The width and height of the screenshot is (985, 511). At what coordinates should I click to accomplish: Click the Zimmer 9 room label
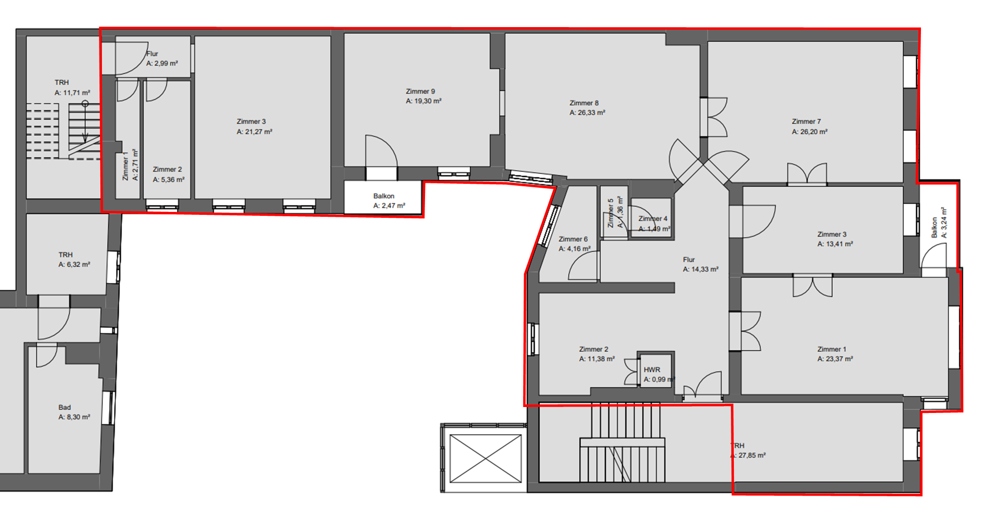point(420,91)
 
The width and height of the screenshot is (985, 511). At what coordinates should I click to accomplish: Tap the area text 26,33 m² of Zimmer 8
point(587,113)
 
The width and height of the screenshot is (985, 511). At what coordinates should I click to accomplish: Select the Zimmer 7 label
point(806,121)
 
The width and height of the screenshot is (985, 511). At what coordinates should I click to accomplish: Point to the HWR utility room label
point(652,370)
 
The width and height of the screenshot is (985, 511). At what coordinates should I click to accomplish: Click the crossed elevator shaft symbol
point(486,458)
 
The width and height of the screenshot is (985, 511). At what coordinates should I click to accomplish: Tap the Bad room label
point(65,408)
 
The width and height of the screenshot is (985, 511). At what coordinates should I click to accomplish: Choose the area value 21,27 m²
point(254,132)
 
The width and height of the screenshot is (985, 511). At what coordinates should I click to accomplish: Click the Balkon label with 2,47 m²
point(384,196)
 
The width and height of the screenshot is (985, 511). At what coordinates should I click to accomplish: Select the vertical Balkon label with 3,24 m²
point(934,227)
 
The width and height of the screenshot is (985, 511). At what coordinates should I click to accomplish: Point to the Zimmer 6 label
point(573,239)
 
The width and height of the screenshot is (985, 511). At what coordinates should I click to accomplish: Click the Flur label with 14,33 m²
point(689,260)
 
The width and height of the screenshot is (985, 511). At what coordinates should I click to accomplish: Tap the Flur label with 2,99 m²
point(153,54)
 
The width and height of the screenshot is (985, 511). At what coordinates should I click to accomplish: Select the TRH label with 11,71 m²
point(62,82)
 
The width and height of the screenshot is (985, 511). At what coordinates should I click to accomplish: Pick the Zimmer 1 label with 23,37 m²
point(831,349)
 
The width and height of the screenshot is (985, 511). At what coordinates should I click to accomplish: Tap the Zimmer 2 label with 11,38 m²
point(593,349)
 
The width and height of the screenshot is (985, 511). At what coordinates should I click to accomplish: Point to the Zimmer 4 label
point(653,219)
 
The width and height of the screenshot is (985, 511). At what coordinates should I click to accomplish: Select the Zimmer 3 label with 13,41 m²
point(832,235)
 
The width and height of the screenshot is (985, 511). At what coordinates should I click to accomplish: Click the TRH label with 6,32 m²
point(66,255)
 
